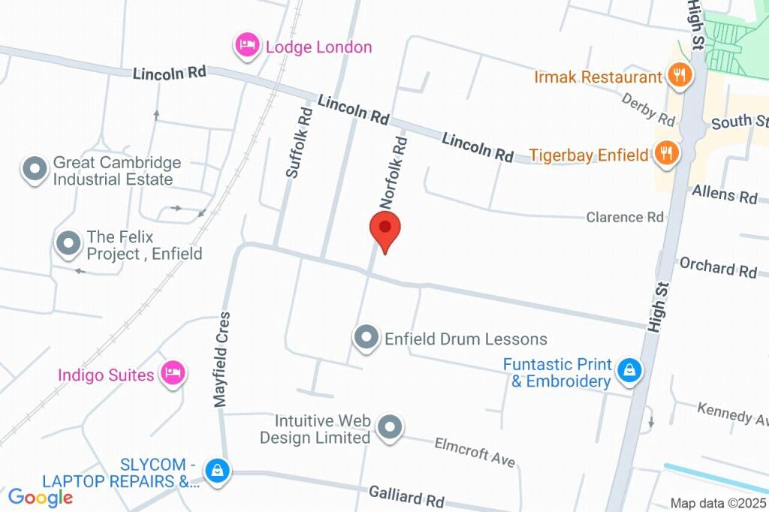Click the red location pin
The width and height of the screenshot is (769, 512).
[x=385, y=228]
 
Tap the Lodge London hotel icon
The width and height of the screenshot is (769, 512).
[x=247, y=47]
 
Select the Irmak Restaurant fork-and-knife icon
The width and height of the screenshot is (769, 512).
[x=679, y=76]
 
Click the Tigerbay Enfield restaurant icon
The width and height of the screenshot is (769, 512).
[x=665, y=155]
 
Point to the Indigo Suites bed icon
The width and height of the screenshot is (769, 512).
[x=173, y=373]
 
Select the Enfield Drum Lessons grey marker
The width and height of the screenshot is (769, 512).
[x=366, y=338]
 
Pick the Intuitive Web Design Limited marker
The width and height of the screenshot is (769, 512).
[x=389, y=429]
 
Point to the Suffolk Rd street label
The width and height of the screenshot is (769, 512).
[x=298, y=142]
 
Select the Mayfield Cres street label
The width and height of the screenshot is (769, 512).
[x=222, y=360]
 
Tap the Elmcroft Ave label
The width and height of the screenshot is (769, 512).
[x=475, y=452]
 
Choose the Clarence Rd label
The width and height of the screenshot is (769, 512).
[x=625, y=218]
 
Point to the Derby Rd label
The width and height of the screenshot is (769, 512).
[x=648, y=110]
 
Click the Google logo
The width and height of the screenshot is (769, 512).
[x=41, y=496]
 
